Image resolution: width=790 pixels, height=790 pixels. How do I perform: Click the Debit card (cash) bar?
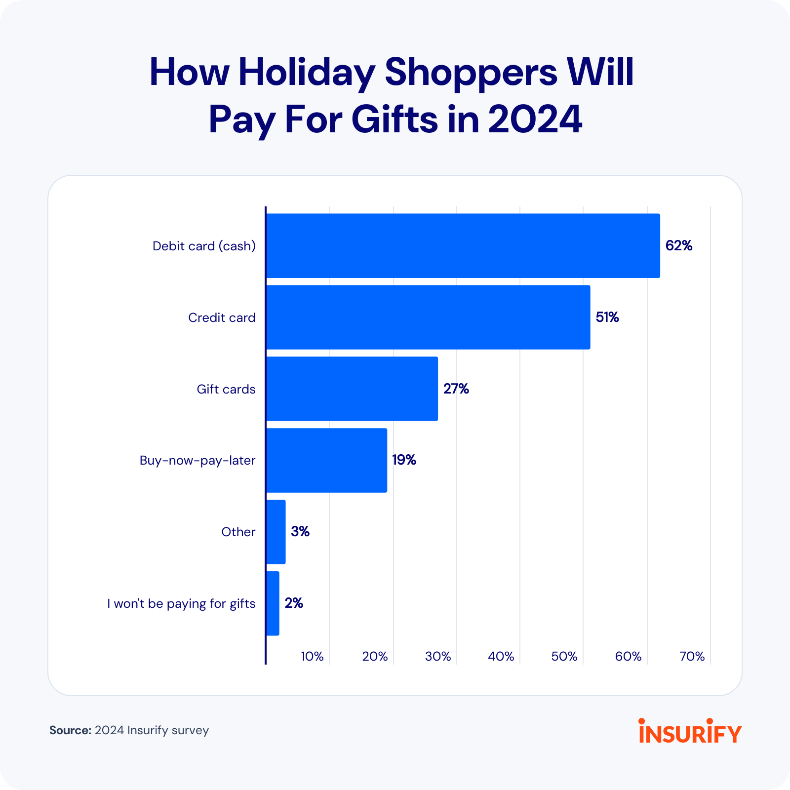coord(463,245)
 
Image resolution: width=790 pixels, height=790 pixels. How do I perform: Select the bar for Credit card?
coord(428,317)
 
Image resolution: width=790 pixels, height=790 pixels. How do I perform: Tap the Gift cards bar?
coord(352,389)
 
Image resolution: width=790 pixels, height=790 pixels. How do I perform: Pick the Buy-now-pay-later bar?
coord(326,460)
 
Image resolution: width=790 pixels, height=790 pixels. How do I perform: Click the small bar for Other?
coord(276,532)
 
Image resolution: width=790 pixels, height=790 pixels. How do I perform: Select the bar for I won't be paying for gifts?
coord(273,603)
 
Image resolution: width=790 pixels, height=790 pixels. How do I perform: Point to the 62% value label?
coord(678,245)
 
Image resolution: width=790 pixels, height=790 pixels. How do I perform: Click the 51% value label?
coord(607,317)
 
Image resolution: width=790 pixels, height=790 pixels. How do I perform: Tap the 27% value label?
coord(456,389)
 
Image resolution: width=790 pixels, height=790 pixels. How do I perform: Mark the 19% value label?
coord(404,460)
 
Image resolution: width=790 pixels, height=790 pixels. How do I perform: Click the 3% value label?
coord(300,532)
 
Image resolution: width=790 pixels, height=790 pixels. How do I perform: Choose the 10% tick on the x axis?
coord(312,656)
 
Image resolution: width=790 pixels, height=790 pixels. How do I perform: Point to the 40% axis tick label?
coord(501,656)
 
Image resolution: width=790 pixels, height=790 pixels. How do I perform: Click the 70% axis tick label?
coord(692,656)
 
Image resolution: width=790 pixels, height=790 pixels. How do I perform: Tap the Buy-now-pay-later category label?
coord(197,461)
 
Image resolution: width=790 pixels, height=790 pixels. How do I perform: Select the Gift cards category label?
coord(226,389)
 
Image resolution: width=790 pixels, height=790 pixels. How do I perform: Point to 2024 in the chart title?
coord(535,119)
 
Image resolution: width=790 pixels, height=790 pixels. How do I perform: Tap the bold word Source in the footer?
coord(70,730)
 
